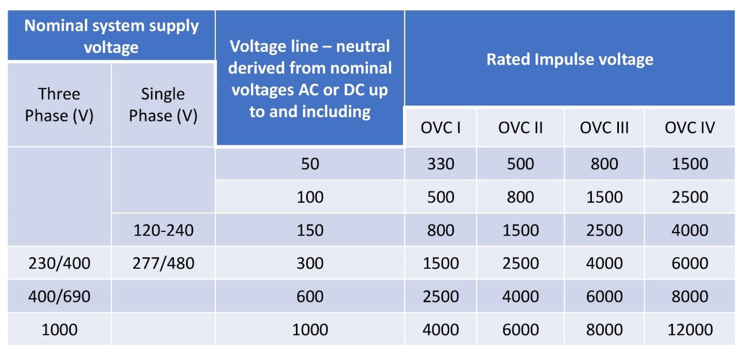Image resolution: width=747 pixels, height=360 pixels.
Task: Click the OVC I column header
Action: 440,128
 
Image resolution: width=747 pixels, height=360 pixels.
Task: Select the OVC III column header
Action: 604,128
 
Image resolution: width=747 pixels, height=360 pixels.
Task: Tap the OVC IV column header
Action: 689,128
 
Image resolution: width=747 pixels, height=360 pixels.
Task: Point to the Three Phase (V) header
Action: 59,105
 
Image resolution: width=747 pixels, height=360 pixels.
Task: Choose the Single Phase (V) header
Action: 163,105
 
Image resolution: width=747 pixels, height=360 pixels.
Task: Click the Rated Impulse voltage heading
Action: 570,59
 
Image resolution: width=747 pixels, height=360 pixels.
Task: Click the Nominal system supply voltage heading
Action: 111,36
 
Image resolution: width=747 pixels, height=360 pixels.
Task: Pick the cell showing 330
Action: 440,164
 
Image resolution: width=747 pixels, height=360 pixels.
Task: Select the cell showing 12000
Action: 689,329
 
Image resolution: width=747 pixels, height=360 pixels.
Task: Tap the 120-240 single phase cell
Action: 163,230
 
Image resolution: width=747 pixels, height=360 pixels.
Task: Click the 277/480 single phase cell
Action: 163,263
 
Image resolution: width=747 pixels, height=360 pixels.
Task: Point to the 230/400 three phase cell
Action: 59,263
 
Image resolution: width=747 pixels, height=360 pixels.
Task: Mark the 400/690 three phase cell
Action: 59,297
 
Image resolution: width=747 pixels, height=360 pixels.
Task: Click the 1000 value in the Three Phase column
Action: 59,329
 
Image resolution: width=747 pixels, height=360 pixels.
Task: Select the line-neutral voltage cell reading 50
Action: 310,164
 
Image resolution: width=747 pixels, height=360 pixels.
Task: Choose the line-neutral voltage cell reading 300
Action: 310,263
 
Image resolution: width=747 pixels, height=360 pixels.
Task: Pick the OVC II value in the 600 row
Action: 520,297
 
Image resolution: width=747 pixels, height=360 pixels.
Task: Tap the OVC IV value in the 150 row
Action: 689,230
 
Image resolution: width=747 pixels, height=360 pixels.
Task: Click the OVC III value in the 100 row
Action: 604,197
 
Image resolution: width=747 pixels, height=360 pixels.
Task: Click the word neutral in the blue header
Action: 363,46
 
